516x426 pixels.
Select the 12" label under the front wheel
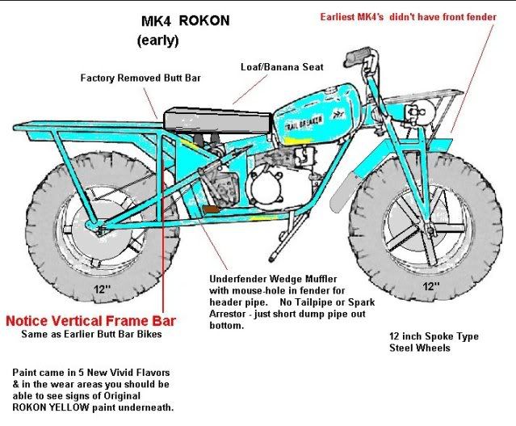point(430,285)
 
